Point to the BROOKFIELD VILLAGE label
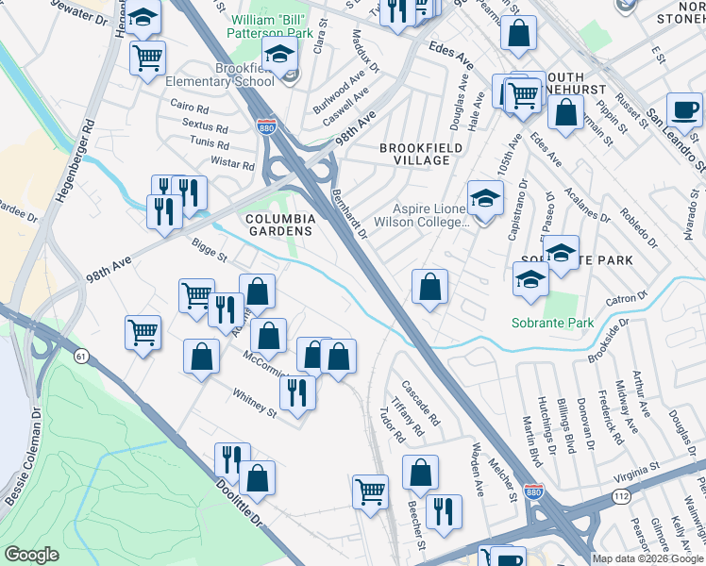(x=414, y=154)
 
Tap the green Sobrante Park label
(x=552, y=323)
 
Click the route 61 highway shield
(x=81, y=356)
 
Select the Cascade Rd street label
(x=421, y=402)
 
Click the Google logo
(x=32, y=555)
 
